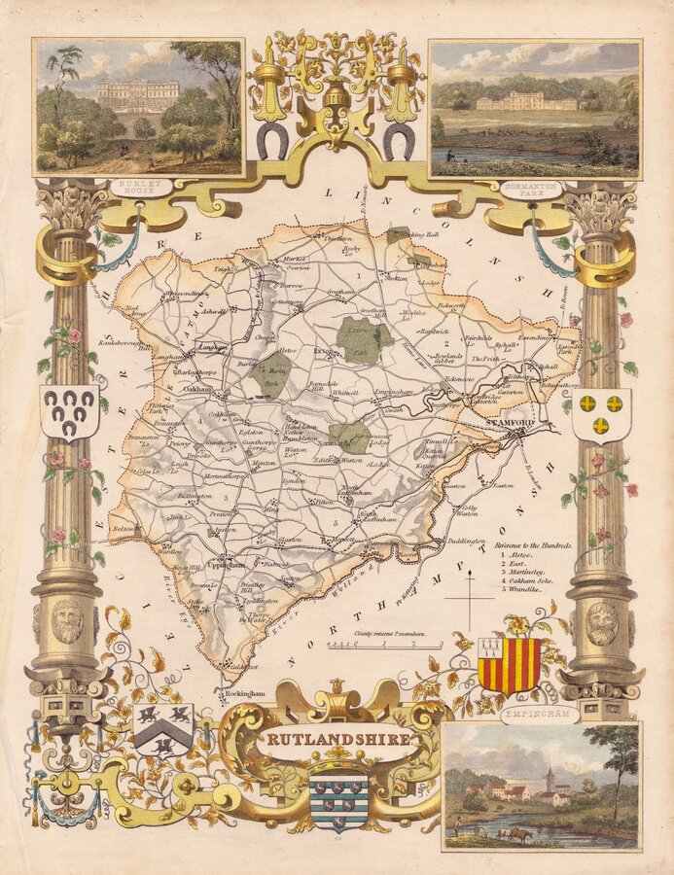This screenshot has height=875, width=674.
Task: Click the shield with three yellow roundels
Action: coord(601,413)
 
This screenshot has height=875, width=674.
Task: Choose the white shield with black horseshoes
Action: coord(69,410)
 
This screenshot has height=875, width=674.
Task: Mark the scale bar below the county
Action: coord(386,644)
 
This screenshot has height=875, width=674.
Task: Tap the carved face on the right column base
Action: coord(602,622)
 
